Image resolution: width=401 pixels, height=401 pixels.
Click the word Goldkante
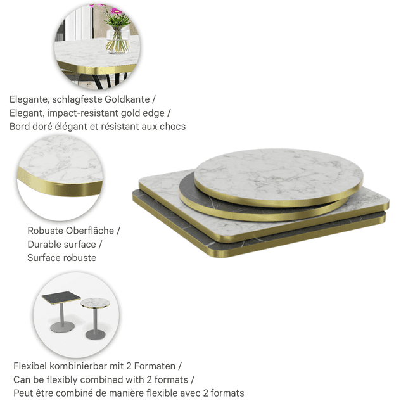(127, 99)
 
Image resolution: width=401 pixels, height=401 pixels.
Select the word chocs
(172, 126)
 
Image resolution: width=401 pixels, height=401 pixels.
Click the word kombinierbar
(79, 366)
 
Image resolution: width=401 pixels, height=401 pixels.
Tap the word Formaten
(155, 366)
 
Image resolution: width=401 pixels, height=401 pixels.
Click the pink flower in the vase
(116, 11)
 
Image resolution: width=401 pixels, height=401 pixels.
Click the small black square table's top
(61, 298)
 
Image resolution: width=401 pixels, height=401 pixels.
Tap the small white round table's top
(95, 303)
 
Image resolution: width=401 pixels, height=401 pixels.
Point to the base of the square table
(63, 327)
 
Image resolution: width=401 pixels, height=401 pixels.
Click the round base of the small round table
(95, 334)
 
